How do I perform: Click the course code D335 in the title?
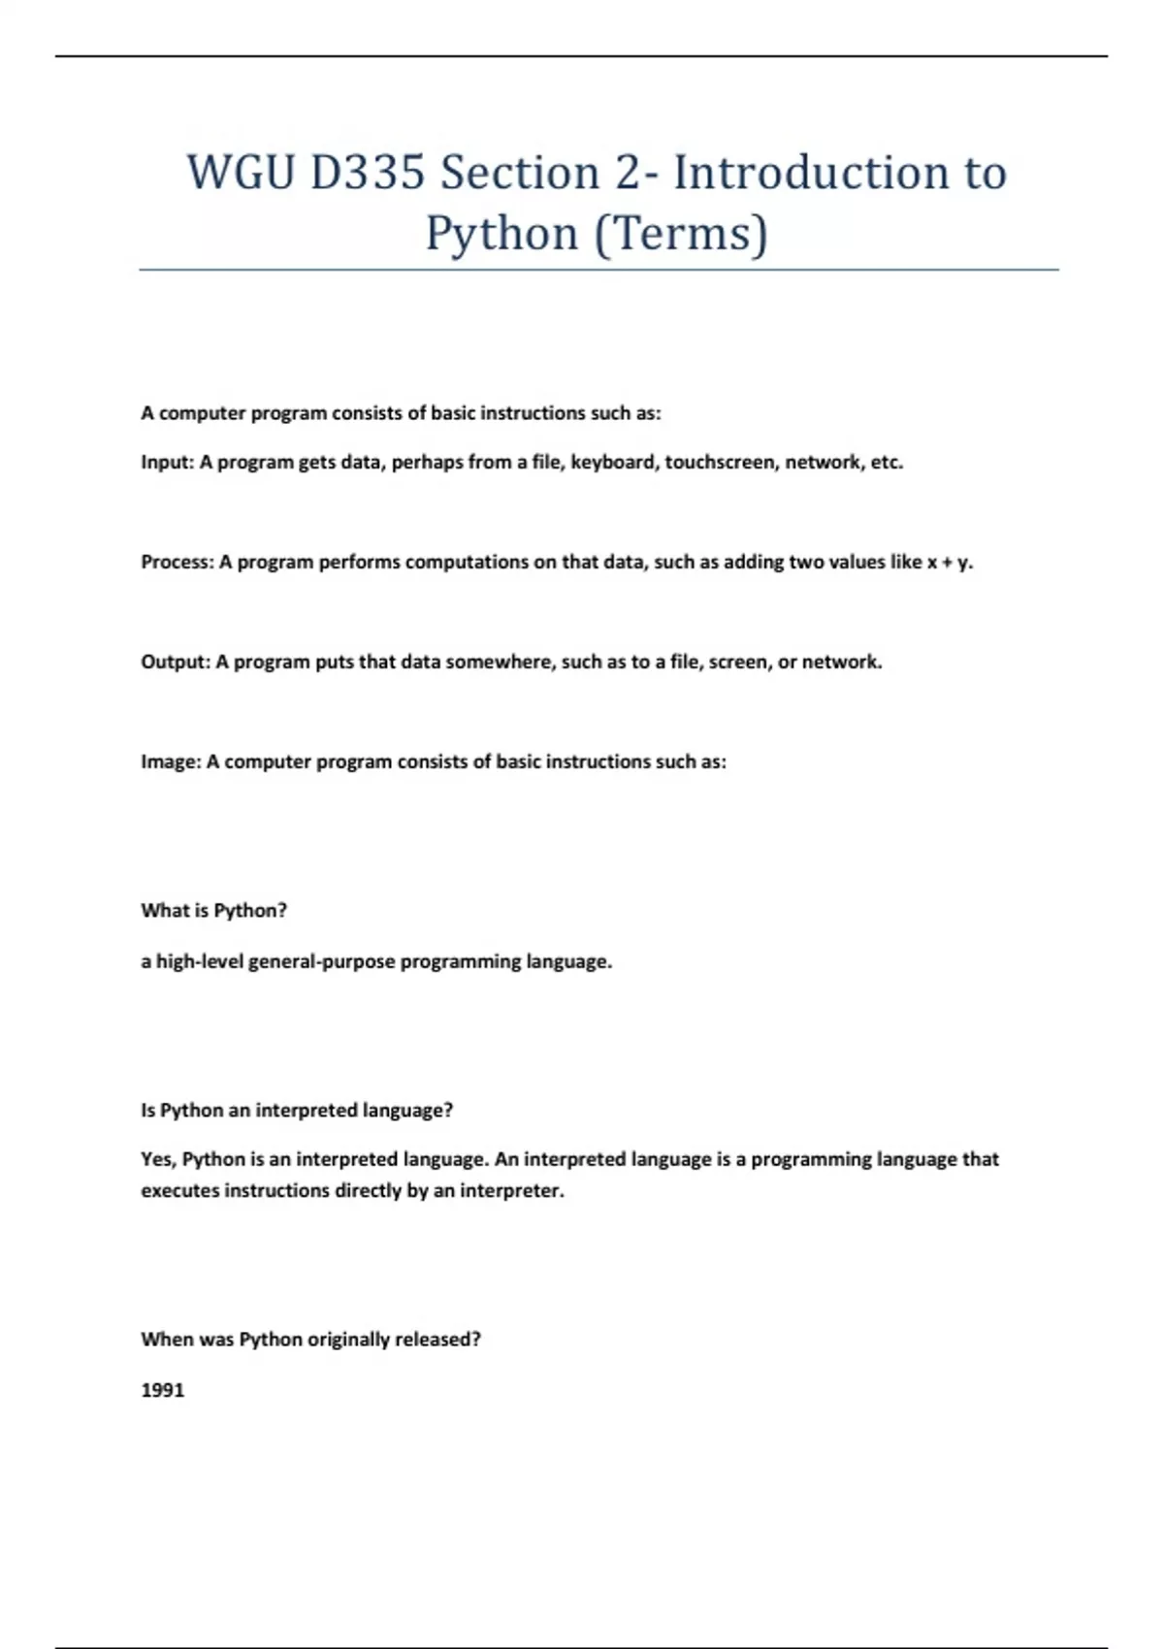(x=368, y=173)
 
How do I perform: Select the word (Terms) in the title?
(x=679, y=233)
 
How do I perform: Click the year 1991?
(x=162, y=1390)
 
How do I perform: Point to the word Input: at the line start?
(x=168, y=463)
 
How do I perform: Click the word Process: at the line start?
(x=177, y=563)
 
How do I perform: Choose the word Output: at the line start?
(x=176, y=663)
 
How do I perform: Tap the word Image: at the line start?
(x=171, y=762)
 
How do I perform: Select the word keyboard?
(x=614, y=463)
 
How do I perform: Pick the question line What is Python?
(x=213, y=911)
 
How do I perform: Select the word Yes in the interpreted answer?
(x=158, y=1159)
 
